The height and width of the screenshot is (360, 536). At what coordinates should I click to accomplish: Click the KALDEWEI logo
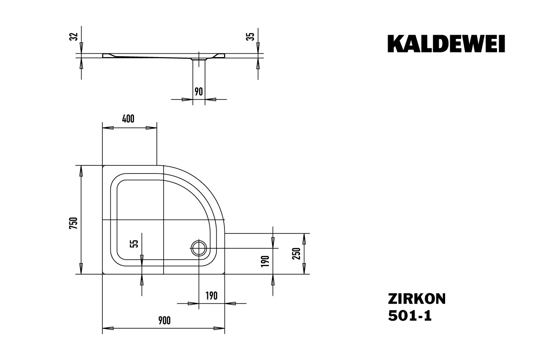click(446, 44)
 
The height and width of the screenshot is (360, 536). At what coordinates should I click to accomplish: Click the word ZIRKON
click(416, 299)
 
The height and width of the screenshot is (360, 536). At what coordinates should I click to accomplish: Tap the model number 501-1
click(410, 316)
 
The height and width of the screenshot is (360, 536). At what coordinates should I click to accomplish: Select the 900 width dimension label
click(164, 321)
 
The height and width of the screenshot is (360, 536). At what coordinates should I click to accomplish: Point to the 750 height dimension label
click(73, 223)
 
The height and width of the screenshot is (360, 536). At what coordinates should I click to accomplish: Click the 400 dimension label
click(128, 119)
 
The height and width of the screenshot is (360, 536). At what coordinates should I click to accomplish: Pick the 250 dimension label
click(297, 254)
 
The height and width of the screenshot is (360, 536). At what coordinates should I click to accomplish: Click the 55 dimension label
click(134, 243)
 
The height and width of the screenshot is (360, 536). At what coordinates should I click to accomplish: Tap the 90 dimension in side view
click(199, 91)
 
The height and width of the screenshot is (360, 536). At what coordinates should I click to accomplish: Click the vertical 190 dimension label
click(265, 261)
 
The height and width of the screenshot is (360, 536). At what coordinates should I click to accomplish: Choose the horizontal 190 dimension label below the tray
click(211, 296)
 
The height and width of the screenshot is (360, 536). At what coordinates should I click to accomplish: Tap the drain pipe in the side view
click(199, 61)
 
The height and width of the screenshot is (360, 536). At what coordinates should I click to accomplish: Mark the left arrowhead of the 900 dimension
click(107, 328)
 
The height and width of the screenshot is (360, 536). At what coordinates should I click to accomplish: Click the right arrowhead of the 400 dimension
click(152, 128)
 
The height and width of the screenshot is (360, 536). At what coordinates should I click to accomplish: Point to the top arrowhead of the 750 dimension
click(81, 170)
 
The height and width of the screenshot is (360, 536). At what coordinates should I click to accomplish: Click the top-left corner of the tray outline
click(103, 166)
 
